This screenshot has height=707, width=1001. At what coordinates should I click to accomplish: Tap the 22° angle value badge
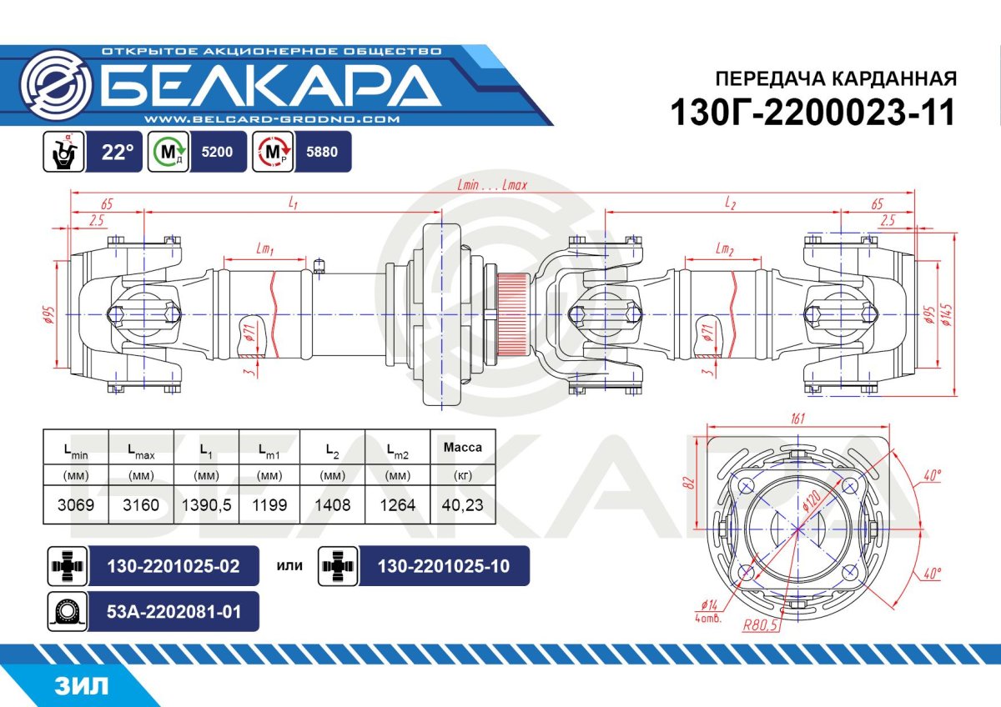(x=118, y=153)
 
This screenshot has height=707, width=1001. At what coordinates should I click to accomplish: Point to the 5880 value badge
(x=322, y=153)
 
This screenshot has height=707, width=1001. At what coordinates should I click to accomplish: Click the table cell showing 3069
(x=76, y=505)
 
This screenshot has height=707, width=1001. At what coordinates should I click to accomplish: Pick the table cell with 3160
(x=142, y=505)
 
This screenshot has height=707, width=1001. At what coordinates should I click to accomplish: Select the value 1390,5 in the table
(x=206, y=505)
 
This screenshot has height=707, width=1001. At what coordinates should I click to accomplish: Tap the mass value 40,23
(x=462, y=505)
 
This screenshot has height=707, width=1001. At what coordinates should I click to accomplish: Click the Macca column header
(x=462, y=447)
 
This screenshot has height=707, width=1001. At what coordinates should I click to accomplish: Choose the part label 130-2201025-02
(x=174, y=566)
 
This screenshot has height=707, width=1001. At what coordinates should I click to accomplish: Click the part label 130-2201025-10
(x=443, y=566)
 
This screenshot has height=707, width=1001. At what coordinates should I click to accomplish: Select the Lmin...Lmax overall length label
(x=492, y=185)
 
